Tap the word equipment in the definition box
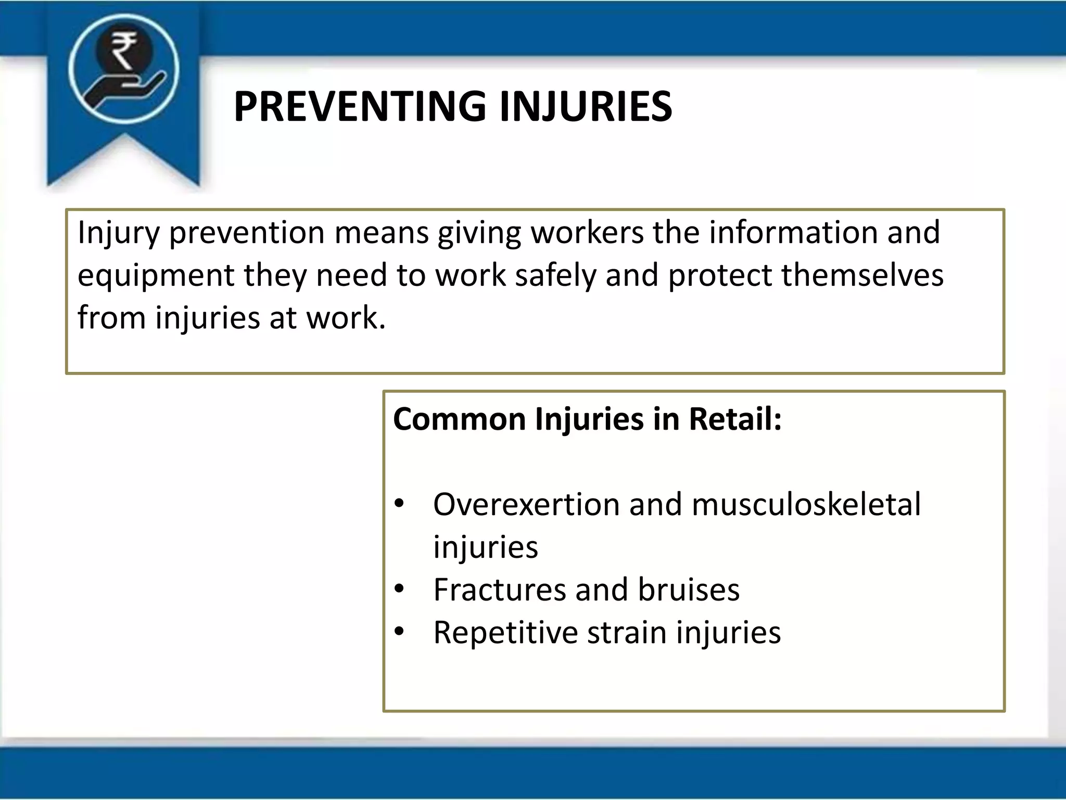(156, 276)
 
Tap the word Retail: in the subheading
(735, 419)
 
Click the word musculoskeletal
(806, 505)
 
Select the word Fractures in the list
(499, 590)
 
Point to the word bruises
(688, 590)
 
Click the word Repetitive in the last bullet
(505, 633)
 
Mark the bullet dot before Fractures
(399, 589)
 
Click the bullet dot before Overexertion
(399, 504)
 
